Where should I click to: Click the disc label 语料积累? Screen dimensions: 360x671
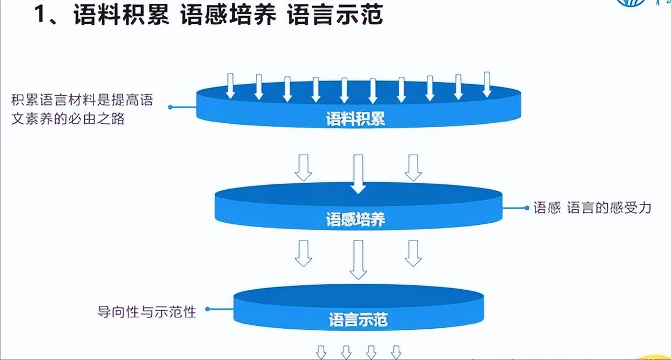click(355, 119)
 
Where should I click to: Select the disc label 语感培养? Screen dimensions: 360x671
click(355, 220)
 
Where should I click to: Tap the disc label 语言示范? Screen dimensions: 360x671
click(358, 320)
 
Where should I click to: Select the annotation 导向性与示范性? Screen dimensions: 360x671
click(146, 311)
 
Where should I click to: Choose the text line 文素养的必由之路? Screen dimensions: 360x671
click(68, 118)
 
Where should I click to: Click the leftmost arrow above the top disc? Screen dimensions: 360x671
click(231, 86)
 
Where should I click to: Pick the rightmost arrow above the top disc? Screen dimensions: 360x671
click(487, 84)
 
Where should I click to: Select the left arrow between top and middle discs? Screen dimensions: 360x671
click(303, 168)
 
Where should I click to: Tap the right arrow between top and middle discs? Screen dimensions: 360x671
click(413, 168)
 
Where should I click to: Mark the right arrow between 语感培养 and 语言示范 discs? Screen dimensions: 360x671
click(413, 253)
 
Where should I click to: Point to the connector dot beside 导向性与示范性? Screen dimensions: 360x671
click(207, 310)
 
